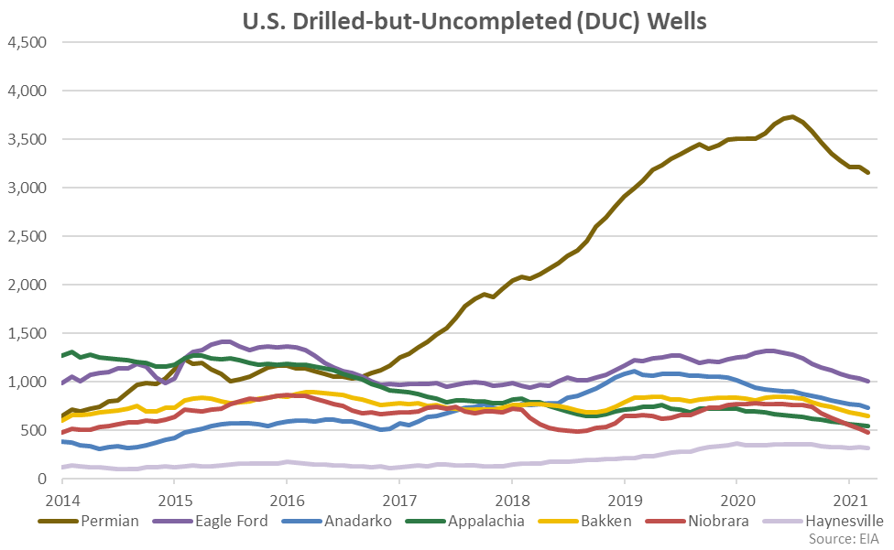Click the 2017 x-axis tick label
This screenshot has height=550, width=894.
[x=399, y=500]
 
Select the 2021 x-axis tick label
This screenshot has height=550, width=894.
[x=848, y=500]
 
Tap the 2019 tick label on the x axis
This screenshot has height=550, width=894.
[x=624, y=500]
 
